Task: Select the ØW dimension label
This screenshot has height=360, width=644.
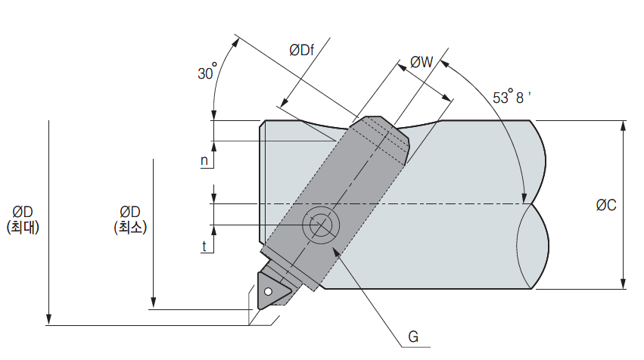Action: [x=421, y=63]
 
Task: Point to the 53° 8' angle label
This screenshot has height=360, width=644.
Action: [x=512, y=98]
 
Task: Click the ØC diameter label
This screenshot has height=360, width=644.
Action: [x=605, y=205]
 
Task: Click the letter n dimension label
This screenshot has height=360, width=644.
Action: [x=204, y=160]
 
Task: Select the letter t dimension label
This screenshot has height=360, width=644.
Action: [x=204, y=246]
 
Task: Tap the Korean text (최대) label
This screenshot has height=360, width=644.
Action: [x=26, y=226]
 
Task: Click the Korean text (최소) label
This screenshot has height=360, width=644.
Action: [x=130, y=226]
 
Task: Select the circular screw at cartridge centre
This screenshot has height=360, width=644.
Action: [x=321, y=225]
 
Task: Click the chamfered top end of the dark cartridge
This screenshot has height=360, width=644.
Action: [x=383, y=129]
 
